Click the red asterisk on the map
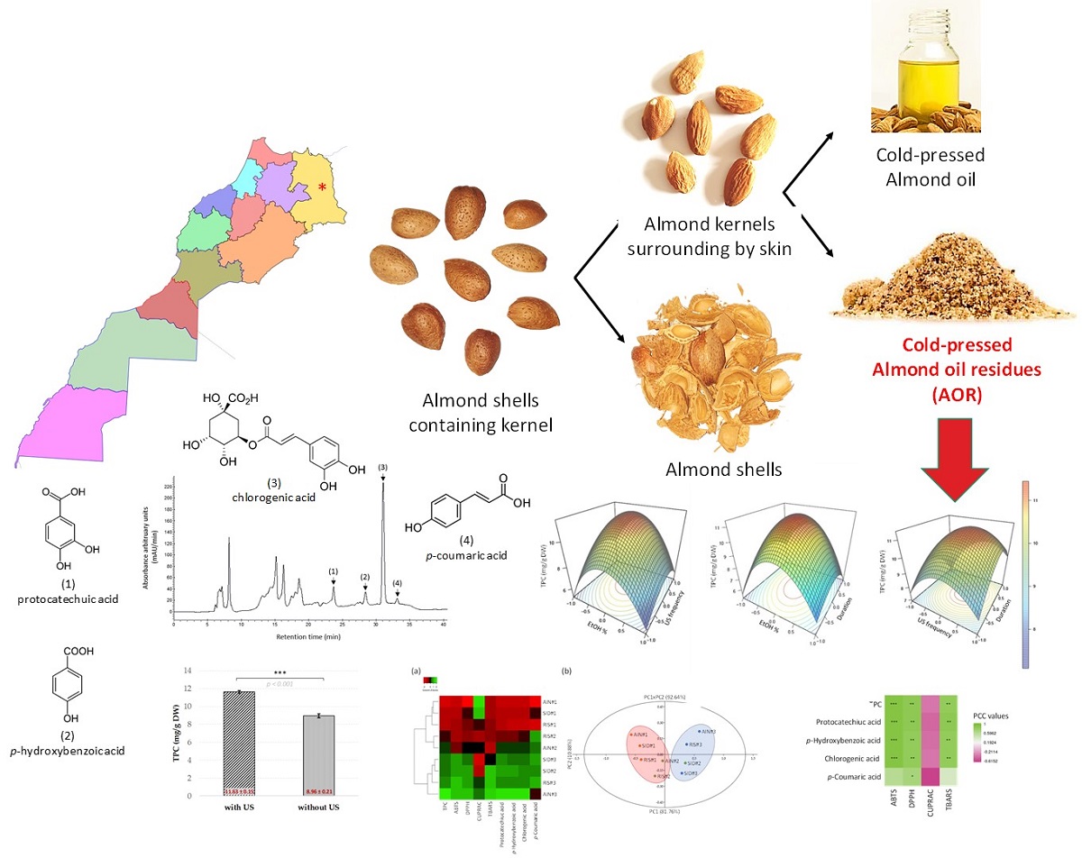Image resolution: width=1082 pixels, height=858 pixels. pos(321,188)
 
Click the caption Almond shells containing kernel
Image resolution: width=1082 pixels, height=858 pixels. pos(487,412)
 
